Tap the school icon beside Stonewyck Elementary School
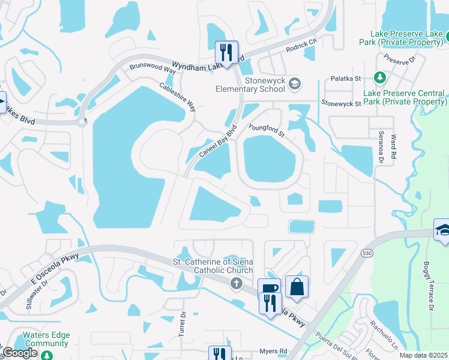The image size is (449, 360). click(294, 84)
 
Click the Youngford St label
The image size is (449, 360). click(266, 130)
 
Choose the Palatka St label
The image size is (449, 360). click(345, 79)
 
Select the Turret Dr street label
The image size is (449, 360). click(182, 323)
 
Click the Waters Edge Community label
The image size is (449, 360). click(46, 340)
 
